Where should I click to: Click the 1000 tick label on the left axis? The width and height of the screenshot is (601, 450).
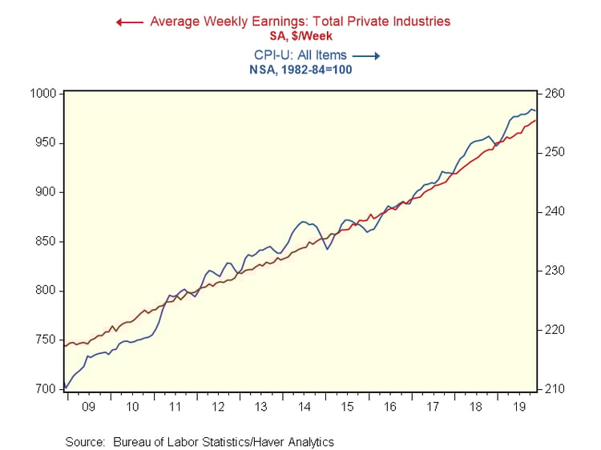point(44,94)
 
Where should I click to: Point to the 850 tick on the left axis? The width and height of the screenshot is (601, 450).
point(46,242)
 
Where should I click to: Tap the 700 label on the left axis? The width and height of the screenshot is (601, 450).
point(46,389)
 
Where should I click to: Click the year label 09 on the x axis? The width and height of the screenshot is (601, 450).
point(87,407)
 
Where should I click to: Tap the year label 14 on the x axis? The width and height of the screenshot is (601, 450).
point(305,407)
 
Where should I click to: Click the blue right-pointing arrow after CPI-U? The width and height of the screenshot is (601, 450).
point(365,56)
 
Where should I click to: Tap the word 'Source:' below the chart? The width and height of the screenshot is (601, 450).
point(86,441)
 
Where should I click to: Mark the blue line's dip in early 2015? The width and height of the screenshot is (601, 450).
point(327,249)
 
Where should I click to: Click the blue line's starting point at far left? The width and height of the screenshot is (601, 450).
point(65,388)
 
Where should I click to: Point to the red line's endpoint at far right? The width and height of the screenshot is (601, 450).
point(537,120)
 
